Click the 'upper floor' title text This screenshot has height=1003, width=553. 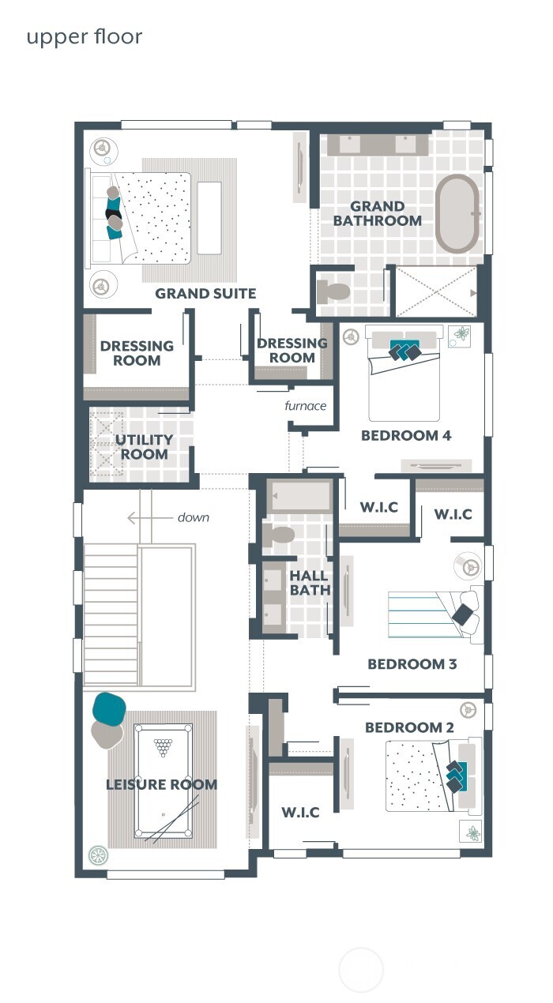pos(85,37)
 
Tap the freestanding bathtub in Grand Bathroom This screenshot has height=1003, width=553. pos(457,214)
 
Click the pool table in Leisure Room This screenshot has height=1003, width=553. pos(162,780)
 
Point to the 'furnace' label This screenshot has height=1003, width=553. pos(306,406)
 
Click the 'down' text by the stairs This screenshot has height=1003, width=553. pos(193,517)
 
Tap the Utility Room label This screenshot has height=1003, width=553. pos(145,447)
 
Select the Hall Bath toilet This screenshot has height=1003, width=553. pos(278,535)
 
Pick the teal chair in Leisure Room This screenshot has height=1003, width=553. pos(110,708)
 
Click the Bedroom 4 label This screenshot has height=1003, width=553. pos(406,435)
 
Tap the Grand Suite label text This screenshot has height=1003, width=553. pos(205,294)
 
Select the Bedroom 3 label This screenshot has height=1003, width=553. pos(412,664)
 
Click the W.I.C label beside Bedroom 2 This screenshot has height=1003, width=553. pos(300,812)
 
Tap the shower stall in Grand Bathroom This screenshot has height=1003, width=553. pos(436,292)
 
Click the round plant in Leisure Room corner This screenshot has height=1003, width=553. pos(98,855)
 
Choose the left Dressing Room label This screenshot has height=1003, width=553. pos(137,353)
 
